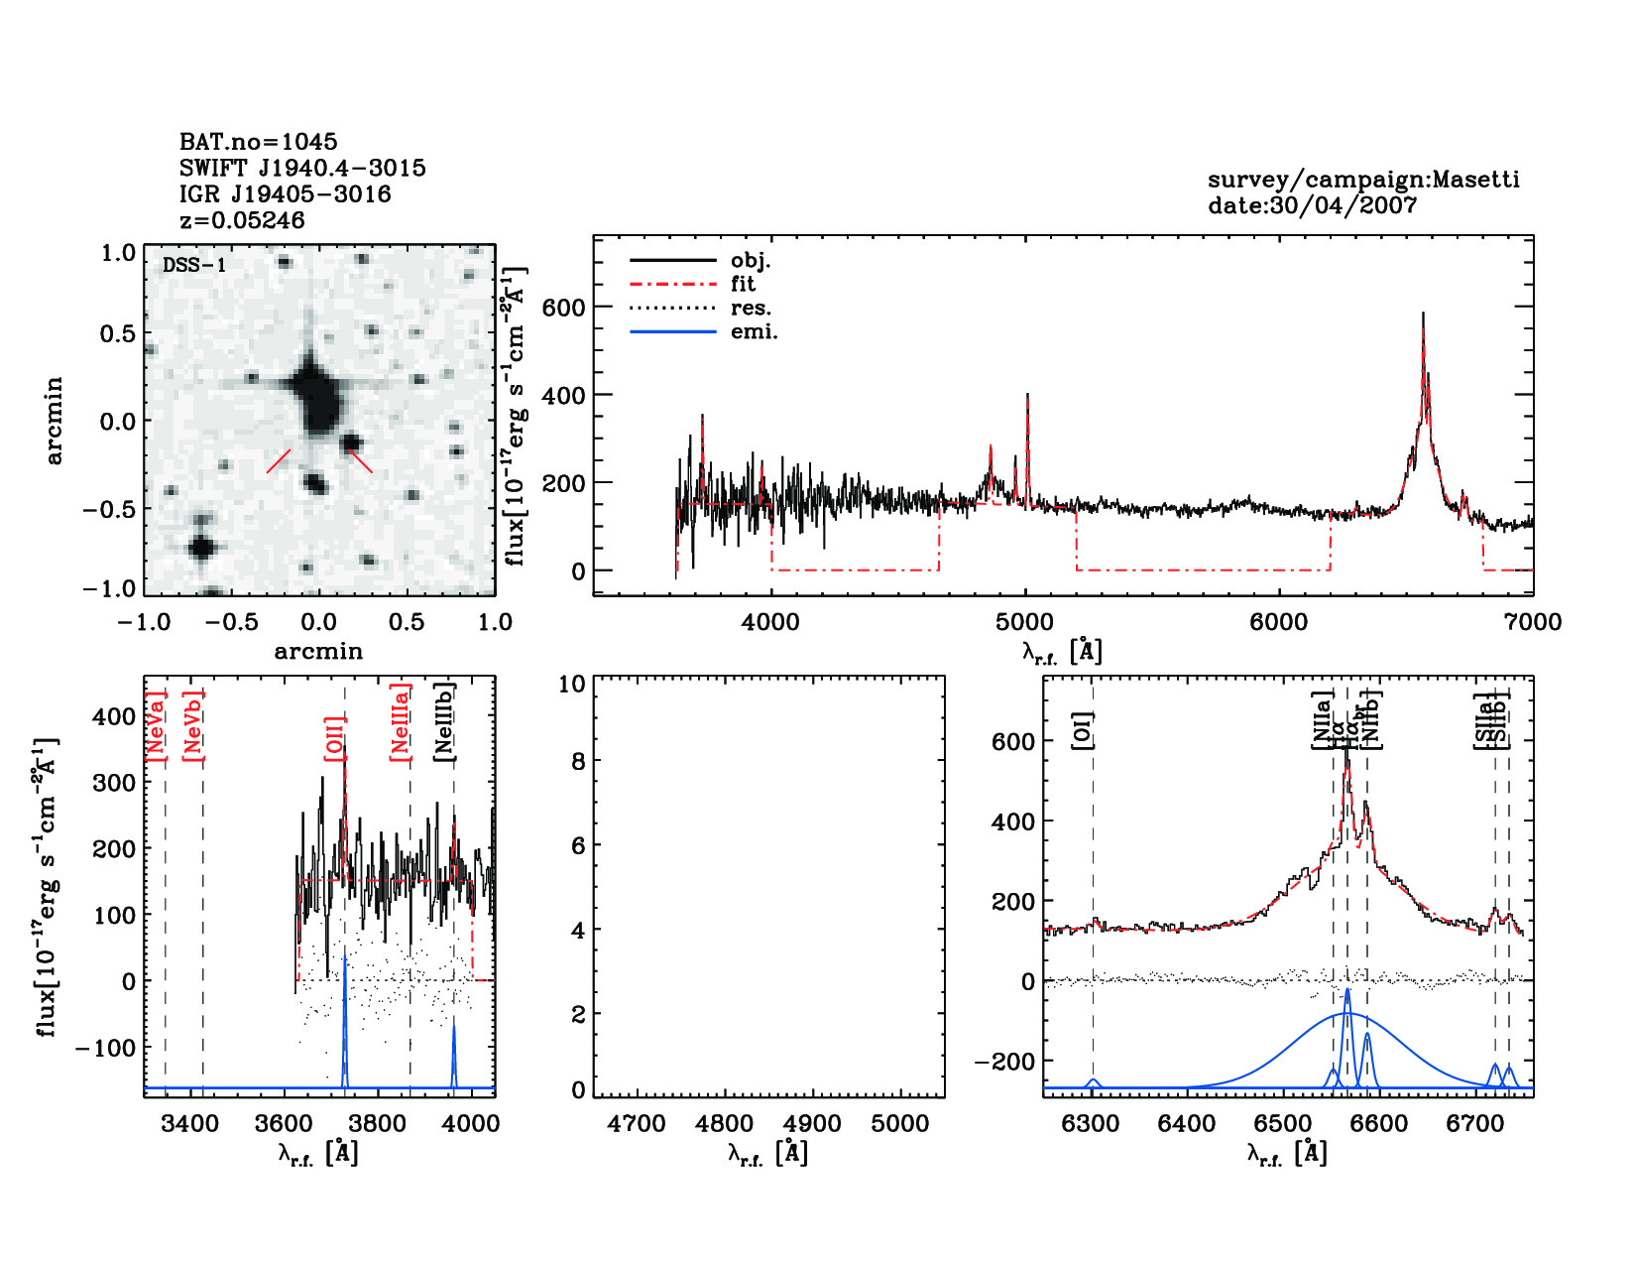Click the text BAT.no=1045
point(258,142)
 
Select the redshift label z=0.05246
point(242,220)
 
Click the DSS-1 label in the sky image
point(194,265)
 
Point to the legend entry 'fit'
point(744,284)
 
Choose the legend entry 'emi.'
point(754,331)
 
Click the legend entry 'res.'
point(751,308)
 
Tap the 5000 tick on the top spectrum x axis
point(1024,622)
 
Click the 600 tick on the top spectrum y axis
point(563,308)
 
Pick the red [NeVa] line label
point(156,726)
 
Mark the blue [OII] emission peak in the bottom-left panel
point(344,957)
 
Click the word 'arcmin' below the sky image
point(318,652)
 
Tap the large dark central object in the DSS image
point(316,395)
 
